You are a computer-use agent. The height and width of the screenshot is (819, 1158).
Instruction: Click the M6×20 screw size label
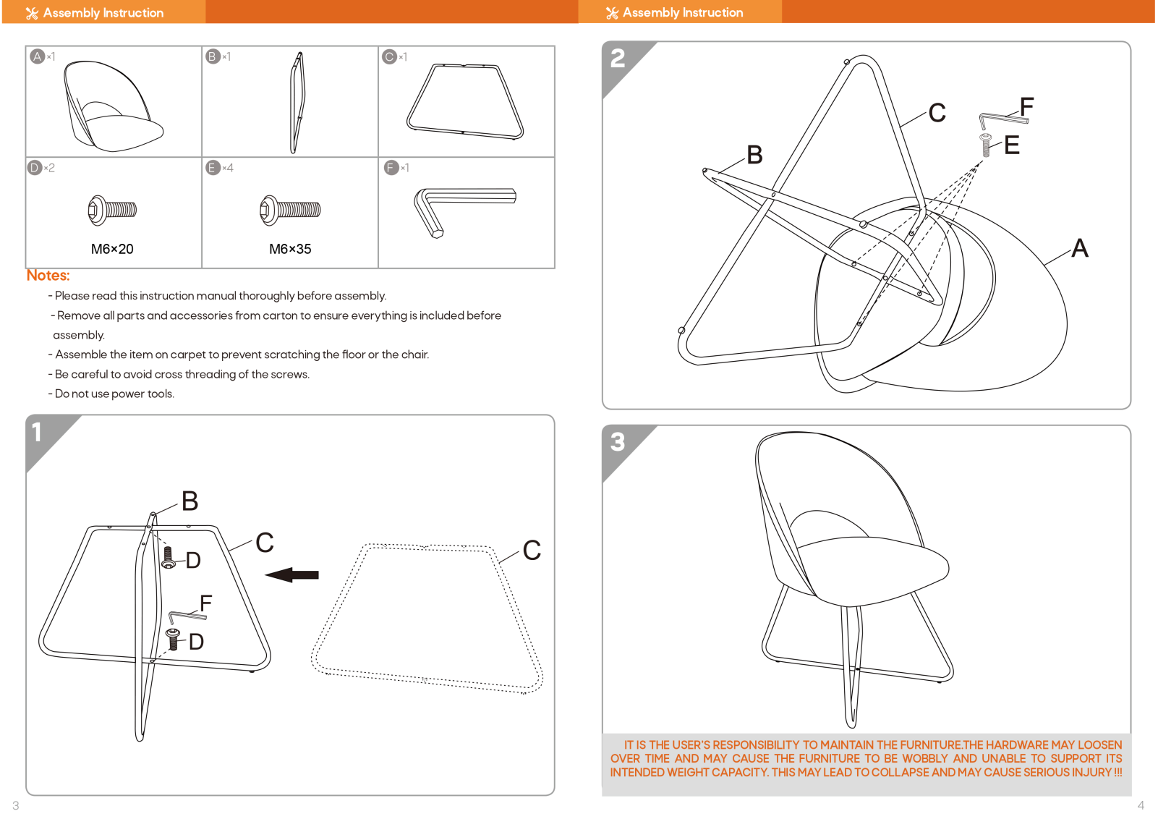[112, 249]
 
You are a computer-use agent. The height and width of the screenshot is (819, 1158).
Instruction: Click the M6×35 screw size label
[290, 249]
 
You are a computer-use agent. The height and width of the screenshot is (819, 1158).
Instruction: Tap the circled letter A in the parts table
[37, 56]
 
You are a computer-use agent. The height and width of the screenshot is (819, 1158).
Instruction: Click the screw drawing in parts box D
[112, 210]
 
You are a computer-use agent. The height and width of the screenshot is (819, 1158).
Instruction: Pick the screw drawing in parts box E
[290, 210]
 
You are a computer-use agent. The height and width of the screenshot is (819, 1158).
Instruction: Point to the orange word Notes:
[48, 275]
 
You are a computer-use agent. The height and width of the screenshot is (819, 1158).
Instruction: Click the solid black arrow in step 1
[292, 574]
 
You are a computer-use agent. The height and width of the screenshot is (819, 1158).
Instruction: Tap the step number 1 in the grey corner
[36, 432]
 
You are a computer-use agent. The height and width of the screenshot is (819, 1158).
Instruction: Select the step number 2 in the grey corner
[618, 59]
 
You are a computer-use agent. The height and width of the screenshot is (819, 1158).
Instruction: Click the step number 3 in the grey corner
[618, 442]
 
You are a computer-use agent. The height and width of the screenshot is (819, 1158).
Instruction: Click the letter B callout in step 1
[190, 501]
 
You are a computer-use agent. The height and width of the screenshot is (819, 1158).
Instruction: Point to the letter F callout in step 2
[1026, 107]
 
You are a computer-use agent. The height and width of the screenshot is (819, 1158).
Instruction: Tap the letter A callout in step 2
[1079, 247]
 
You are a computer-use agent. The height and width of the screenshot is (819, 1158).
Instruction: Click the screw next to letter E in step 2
[985, 145]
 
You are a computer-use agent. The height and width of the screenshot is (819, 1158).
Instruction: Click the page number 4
[1141, 805]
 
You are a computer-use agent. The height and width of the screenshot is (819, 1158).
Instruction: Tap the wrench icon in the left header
[32, 13]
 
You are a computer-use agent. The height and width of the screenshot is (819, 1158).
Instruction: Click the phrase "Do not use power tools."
[114, 394]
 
